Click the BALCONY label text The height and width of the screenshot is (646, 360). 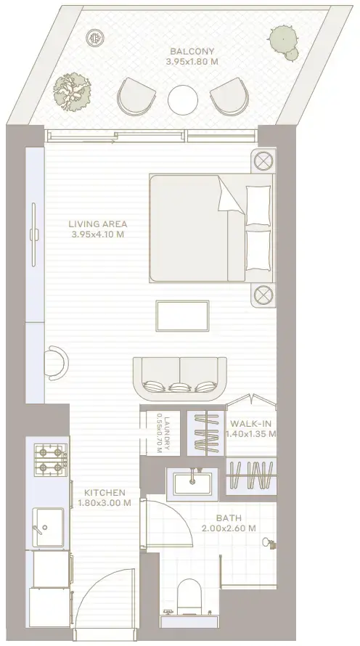coord(192,52)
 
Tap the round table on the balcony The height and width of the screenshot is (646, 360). coord(183,100)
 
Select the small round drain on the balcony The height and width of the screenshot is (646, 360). coord(95,38)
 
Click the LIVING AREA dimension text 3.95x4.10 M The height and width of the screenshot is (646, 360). coord(97,235)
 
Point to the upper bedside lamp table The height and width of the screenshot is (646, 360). coord(263,160)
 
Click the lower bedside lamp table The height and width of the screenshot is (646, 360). coord(263,295)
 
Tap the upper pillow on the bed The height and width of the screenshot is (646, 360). coord(258,205)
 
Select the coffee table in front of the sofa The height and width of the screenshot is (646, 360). coord(182,316)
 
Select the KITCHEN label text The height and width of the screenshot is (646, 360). coord(105,492)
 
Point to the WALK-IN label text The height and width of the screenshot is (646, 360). coord(251,423)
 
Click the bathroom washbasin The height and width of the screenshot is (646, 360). coord(192,484)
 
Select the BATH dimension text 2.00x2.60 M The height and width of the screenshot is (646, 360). coord(229,528)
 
